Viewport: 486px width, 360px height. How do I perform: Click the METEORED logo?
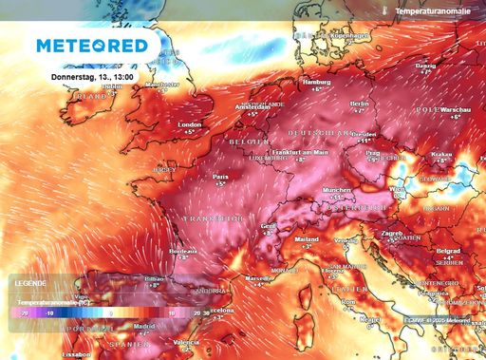pos(92,46)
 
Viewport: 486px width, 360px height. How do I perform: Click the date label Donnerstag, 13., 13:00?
pos(91,76)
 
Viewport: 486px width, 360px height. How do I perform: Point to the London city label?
pos(191,124)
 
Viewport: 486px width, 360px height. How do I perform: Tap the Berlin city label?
pos(359,104)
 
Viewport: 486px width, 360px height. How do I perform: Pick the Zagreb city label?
pos(393,233)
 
